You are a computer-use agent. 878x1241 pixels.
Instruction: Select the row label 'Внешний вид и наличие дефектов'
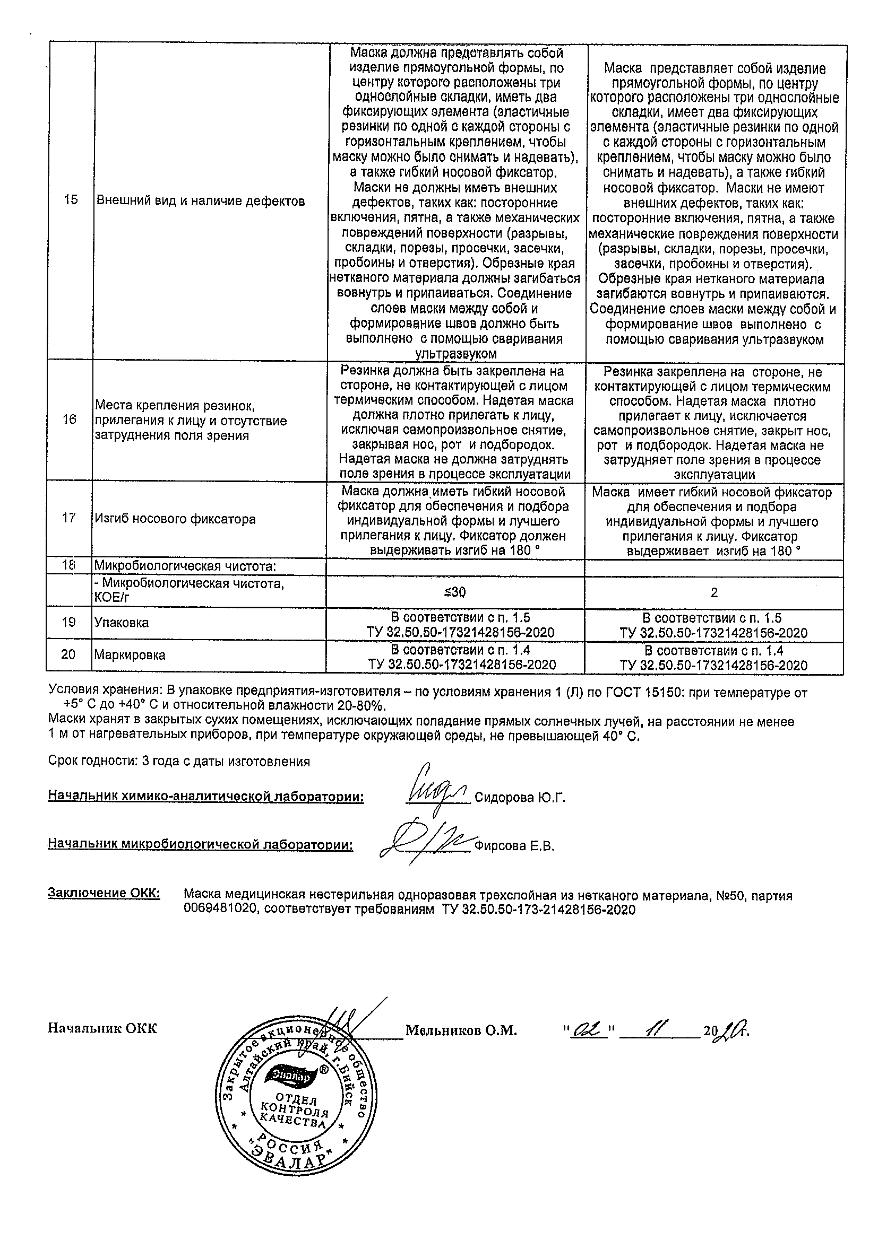[200, 202]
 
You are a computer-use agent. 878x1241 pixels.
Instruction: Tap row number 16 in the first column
[70, 419]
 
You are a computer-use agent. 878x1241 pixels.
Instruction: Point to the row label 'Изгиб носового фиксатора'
[175, 519]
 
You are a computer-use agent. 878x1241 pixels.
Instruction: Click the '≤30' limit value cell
[454, 592]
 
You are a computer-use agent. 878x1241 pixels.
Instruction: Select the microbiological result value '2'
[713, 593]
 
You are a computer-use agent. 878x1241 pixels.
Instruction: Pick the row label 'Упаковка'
[122, 623]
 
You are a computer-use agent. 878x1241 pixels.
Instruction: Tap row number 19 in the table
[68, 623]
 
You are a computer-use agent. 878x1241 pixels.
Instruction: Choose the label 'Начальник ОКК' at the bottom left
[103, 1028]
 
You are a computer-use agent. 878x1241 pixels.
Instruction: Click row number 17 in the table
[69, 519]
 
